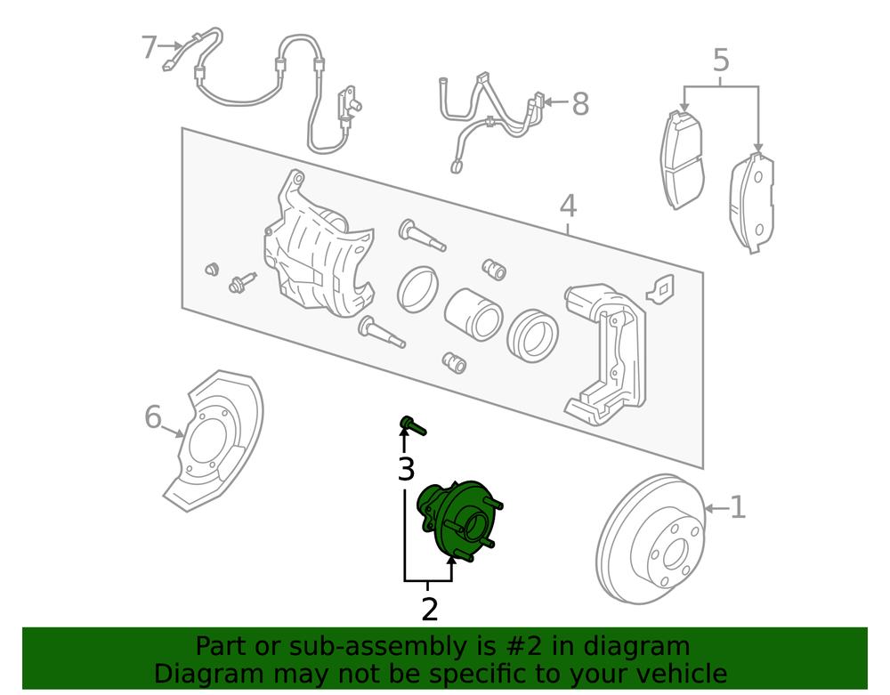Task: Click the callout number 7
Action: (149, 47)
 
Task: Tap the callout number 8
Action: (580, 104)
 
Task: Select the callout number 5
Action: (720, 61)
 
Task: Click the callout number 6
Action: (153, 417)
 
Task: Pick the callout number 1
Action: (737, 507)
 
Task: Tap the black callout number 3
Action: (407, 469)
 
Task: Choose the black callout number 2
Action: (430, 610)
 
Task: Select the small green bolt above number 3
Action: (413, 425)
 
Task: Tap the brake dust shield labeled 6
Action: (214, 440)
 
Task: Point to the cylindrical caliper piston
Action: (473, 315)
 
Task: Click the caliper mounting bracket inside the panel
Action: (605, 354)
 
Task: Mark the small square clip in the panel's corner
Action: (660, 289)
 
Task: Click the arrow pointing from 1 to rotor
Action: (716, 508)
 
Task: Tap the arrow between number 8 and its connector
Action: (557, 102)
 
